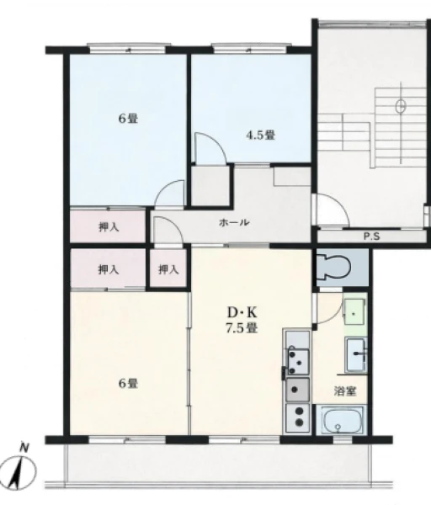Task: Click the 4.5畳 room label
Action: (261, 135)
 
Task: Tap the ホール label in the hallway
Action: (234, 222)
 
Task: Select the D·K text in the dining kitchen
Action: (242, 311)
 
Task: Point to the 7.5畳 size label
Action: (242, 327)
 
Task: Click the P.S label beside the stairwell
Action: (372, 237)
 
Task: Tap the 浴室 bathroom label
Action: (344, 391)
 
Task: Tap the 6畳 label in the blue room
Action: (128, 119)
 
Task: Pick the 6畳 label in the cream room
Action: (128, 383)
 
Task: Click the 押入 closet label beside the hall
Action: (109, 227)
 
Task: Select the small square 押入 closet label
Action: (168, 269)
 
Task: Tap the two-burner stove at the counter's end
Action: (298, 417)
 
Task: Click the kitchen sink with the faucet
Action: (297, 360)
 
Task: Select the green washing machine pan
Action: (354, 312)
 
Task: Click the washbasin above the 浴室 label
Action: (356, 353)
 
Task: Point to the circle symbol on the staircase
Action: (401, 106)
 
